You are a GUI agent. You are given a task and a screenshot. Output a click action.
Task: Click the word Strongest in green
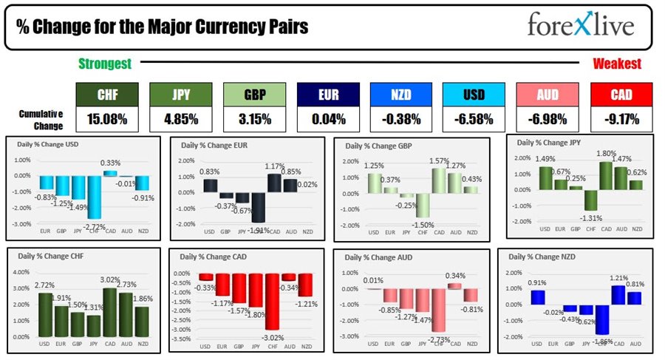click(x=105, y=64)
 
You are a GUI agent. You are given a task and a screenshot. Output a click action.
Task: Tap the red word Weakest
click(x=616, y=64)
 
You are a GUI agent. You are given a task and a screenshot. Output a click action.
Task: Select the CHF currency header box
click(x=107, y=95)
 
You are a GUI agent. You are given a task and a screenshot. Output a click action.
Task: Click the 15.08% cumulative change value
click(x=107, y=119)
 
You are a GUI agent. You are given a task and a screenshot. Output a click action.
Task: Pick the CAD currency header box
click(x=621, y=95)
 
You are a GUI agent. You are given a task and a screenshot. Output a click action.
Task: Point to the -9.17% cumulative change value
click(x=621, y=119)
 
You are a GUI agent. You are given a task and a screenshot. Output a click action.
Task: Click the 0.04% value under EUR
click(x=327, y=119)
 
